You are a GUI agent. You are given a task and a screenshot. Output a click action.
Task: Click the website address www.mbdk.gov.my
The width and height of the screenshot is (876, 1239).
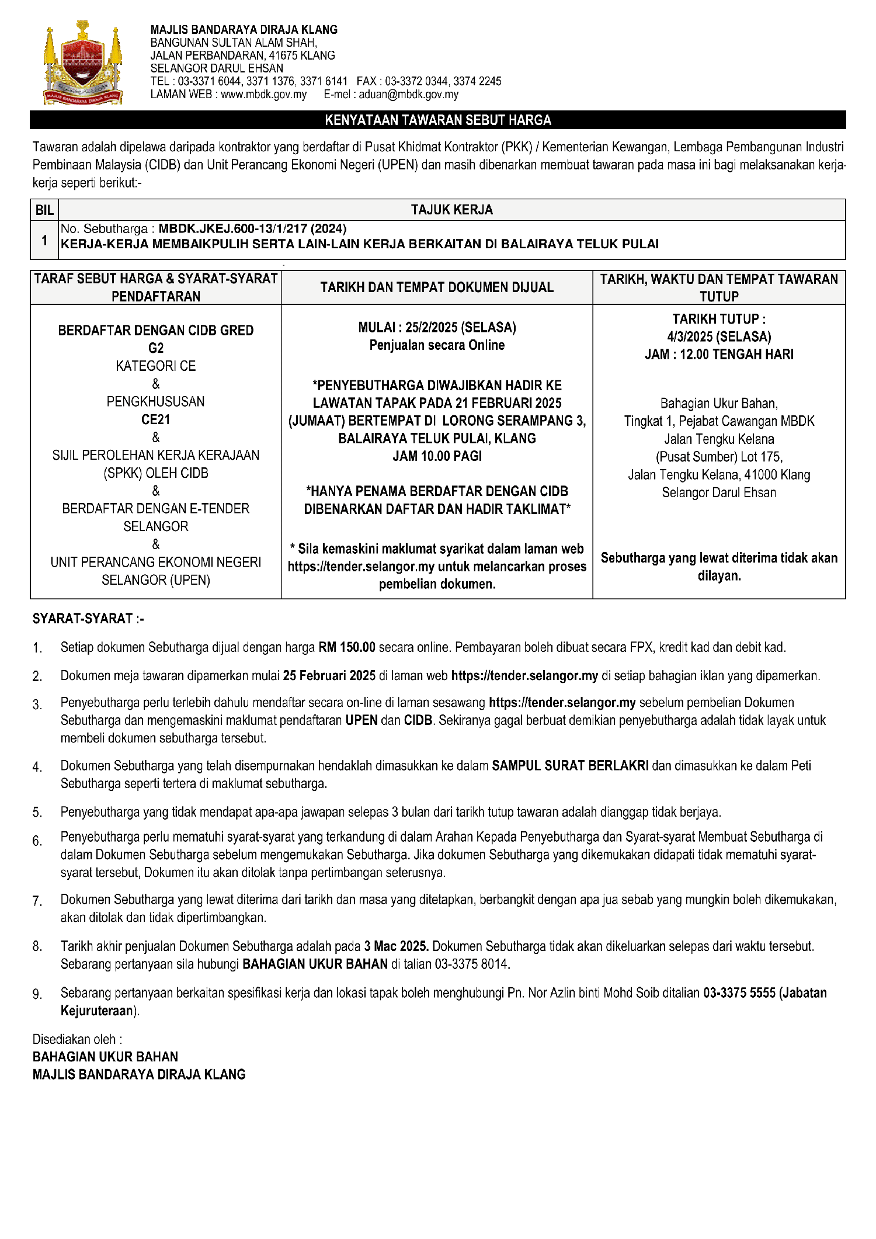[x=263, y=95]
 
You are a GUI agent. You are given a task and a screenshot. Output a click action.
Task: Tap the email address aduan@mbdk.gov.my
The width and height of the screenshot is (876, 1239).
[x=408, y=95]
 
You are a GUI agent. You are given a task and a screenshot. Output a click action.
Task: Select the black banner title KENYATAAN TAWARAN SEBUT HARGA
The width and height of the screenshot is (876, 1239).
[x=438, y=120]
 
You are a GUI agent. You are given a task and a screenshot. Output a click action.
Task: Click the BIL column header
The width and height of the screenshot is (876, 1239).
[x=44, y=210]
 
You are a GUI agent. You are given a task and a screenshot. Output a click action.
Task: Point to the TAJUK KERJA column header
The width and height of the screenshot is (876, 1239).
[x=451, y=210]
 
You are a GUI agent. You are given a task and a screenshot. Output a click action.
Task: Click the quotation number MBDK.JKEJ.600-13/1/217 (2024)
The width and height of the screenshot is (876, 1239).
[x=252, y=229]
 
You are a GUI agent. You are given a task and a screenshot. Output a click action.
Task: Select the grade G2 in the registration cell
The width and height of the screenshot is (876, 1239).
[x=156, y=348]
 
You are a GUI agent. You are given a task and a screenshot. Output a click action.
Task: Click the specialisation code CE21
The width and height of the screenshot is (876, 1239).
[x=156, y=419]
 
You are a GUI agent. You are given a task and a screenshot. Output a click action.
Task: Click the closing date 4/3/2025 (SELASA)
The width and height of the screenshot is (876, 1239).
[x=719, y=337]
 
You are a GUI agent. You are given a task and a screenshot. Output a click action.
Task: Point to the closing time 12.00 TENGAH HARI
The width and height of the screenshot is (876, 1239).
[x=736, y=355]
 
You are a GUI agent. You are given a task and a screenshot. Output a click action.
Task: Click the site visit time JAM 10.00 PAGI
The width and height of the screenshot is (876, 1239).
[x=437, y=456]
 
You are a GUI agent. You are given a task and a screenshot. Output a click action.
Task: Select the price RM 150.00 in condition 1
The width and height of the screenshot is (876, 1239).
[x=346, y=647]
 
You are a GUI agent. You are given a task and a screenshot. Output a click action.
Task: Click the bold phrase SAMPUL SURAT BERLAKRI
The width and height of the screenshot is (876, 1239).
[x=570, y=766]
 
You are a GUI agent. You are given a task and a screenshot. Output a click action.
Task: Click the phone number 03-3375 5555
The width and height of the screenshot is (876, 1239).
[x=739, y=993]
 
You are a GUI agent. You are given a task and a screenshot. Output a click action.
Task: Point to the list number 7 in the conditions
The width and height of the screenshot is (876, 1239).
[x=37, y=901]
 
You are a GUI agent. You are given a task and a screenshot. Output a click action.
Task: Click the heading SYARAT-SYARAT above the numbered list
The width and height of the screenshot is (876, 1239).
[x=83, y=619]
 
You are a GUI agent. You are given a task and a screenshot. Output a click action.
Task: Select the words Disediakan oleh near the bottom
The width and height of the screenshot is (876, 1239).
[x=77, y=1039]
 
